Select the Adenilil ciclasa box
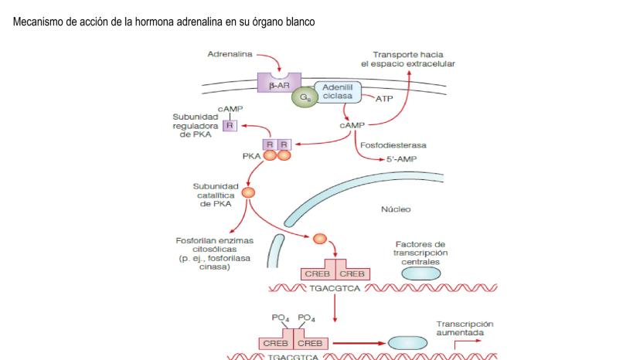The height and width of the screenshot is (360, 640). (338, 91)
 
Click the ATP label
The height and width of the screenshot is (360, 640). (384, 99)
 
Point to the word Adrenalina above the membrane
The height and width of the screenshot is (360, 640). (229, 54)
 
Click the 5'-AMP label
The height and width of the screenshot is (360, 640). (401, 158)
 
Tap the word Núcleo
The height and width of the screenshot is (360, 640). (396, 209)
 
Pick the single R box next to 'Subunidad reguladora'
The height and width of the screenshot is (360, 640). (229, 126)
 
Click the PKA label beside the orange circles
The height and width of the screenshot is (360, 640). (251, 155)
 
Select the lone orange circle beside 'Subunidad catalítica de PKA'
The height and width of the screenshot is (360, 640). (248, 193)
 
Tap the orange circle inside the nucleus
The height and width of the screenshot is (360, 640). (319, 239)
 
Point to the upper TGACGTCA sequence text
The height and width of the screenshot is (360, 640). (334, 289)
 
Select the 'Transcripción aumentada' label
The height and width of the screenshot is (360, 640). (465, 329)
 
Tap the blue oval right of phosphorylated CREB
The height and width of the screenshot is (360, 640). (407, 342)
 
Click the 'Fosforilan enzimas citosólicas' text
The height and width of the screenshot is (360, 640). (203, 253)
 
